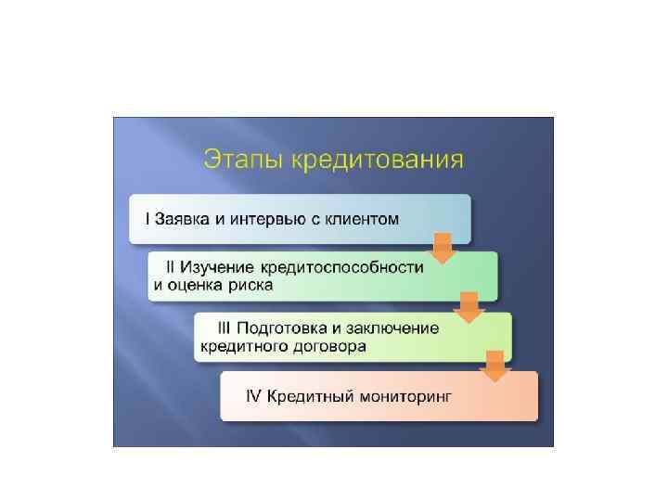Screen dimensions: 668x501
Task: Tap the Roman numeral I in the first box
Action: (x=146, y=220)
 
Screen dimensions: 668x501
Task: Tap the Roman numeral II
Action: (x=172, y=267)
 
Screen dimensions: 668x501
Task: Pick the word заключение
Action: (x=394, y=328)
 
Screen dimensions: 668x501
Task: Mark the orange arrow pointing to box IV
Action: (x=497, y=366)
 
